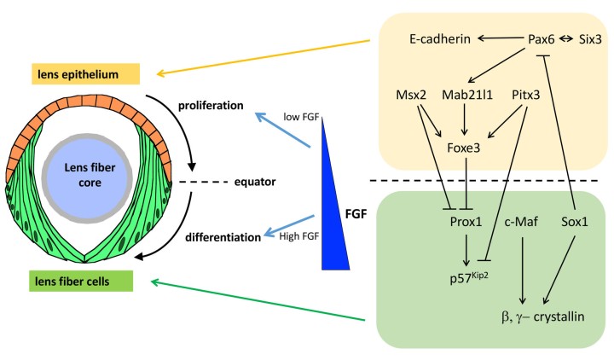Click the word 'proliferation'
(210, 107)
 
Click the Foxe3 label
(466, 145)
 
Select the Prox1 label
(466, 221)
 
